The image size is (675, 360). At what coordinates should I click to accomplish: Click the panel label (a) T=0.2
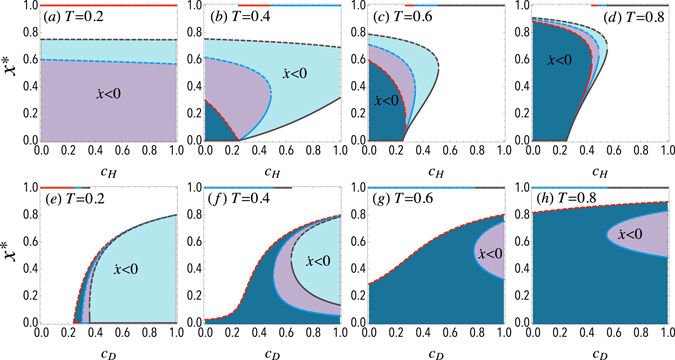pos(75,20)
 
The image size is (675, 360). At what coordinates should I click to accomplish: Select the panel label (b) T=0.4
pos(241,20)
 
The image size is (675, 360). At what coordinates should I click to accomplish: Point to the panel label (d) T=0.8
pos(565,20)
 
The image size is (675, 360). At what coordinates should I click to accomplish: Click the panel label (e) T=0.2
pos(76,200)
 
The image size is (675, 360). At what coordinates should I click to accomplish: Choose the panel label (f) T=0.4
pos(241,200)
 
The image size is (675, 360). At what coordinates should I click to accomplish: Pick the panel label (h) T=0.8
pos(565,200)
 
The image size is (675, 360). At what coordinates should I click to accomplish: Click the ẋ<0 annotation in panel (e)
pos(128,268)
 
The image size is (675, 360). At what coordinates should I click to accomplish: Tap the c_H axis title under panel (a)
pos(107,171)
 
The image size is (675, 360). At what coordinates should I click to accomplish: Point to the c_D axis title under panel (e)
pos(107,351)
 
